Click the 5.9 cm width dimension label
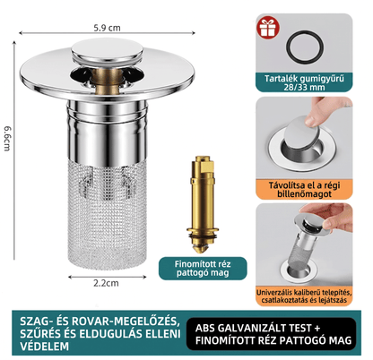click(x=107, y=28)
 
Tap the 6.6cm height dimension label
click(x=8, y=138)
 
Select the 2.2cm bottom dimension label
click(x=106, y=283)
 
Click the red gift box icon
click(x=268, y=28)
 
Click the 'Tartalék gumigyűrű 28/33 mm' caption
click(x=304, y=82)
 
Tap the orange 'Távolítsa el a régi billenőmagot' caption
click(x=304, y=189)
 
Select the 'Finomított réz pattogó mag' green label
click(x=203, y=269)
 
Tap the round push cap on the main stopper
click(x=107, y=51)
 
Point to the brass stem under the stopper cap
click(x=107, y=81)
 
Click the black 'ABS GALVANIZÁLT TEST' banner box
click(x=272, y=334)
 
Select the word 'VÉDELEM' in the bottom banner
click(x=45, y=347)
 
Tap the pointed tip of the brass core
click(x=203, y=250)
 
